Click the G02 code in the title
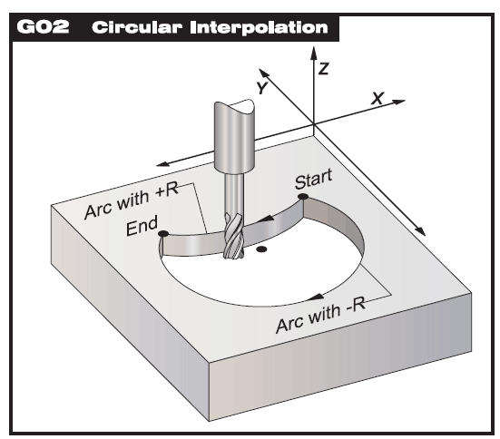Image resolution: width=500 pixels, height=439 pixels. click(43, 27)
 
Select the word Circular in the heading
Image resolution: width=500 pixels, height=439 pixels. click(137, 27)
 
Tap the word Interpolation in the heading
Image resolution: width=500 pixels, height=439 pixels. click(259, 27)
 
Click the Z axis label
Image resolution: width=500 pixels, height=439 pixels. click(324, 69)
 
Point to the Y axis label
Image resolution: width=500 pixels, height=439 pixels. click(262, 87)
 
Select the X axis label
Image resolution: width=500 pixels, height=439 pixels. click(377, 98)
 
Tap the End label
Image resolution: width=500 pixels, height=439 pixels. click(142, 225)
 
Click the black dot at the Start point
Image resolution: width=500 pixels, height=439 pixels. click(302, 197)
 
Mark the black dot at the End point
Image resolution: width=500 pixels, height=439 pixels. click(163, 234)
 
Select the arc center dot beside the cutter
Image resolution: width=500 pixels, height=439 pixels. click(261, 249)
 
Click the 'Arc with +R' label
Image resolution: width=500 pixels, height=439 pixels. click(132, 200)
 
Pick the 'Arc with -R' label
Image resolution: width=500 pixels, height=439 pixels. click(321, 316)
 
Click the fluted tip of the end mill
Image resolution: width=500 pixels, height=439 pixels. click(233, 236)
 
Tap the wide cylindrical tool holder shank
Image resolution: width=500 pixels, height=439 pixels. click(235, 136)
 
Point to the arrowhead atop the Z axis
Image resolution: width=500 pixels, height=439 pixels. click(314, 54)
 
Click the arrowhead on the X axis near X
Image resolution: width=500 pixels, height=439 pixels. click(398, 102)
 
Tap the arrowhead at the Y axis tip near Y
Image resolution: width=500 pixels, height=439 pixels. click(264, 73)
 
